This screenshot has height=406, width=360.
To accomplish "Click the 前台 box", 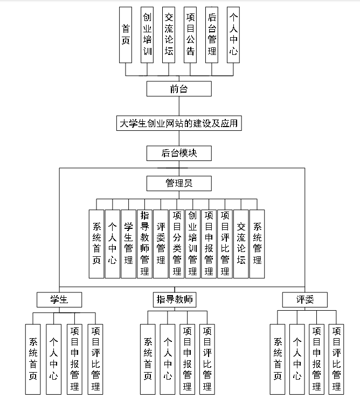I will click(x=179, y=89).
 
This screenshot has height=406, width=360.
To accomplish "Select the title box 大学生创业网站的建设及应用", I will click(x=179, y=123).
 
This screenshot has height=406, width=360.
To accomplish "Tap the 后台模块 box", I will click(x=179, y=153).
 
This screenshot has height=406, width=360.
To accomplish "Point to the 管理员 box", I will click(x=179, y=184).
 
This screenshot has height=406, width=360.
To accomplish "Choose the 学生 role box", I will click(x=59, y=299).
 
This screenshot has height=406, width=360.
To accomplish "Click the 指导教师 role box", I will click(x=175, y=299).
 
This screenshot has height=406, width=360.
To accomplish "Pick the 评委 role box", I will click(x=304, y=299).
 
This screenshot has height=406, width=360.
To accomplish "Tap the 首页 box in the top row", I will click(x=126, y=35).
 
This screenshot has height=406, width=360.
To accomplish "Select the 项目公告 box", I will click(x=190, y=35).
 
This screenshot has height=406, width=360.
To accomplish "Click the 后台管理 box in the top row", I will click(x=212, y=35).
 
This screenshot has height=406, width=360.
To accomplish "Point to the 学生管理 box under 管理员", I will click(x=128, y=244).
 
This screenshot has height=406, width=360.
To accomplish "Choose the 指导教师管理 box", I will click(x=144, y=244).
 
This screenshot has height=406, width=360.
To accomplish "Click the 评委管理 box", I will click(x=161, y=244).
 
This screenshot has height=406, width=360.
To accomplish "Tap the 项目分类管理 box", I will click(x=177, y=244).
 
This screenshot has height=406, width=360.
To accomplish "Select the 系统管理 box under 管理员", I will click(x=257, y=244).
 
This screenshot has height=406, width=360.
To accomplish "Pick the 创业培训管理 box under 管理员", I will click(x=193, y=244).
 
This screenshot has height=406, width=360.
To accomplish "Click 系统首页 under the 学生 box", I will click(x=33, y=358).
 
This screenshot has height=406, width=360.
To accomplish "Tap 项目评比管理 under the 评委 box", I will click(x=336, y=358).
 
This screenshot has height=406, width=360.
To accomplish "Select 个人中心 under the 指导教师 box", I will click(x=168, y=358).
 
